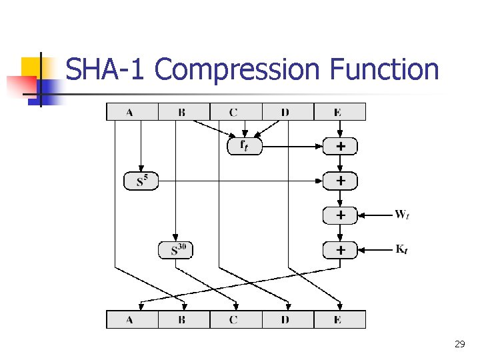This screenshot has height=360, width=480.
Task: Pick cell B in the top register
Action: [183, 112]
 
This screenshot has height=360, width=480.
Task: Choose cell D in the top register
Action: [287, 112]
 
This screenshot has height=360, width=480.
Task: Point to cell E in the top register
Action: [339, 112]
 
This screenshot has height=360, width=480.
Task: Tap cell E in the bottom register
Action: [339, 320]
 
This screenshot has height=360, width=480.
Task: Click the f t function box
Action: [245, 145]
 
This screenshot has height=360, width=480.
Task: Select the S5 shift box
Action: [141, 181]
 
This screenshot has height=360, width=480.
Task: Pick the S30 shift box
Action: [176, 250]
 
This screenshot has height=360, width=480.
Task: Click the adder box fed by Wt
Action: [340, 215]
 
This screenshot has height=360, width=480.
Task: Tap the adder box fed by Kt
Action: [340, 250]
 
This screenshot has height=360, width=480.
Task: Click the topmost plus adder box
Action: [340, 145]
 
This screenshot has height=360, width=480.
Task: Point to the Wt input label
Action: [402, 215]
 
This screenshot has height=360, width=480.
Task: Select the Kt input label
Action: [402, 249]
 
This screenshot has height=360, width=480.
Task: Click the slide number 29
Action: [459, 344]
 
